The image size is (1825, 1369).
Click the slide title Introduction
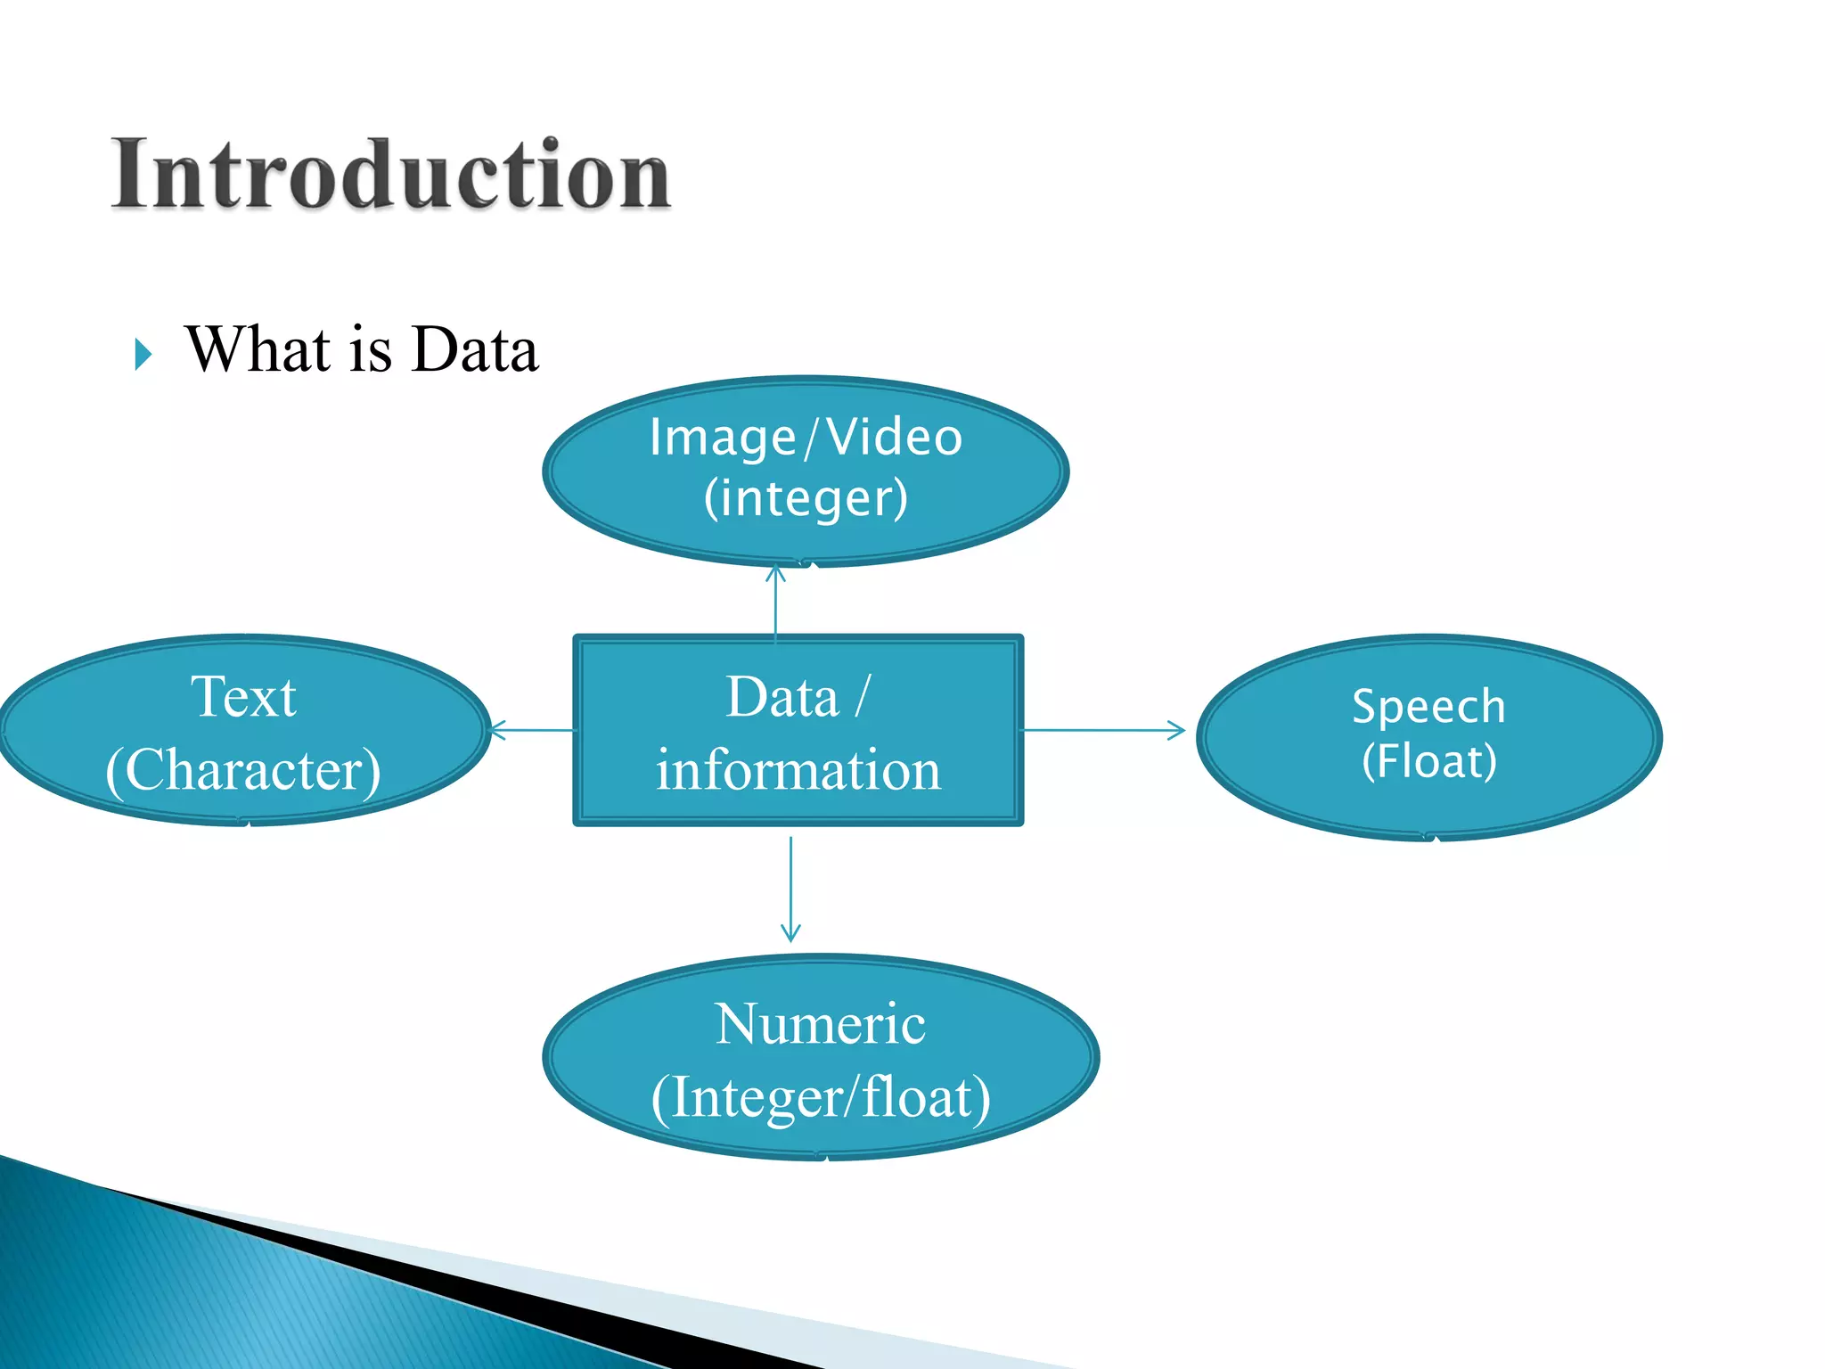(x=390, y=175)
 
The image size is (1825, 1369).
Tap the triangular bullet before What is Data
(x=143, y=354)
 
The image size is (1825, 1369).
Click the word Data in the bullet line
(x=476, y=349)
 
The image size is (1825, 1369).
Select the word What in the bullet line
(x=258, y=349)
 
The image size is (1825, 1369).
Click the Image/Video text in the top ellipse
(x=806, y=438)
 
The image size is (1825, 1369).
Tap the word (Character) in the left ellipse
(x=243, y=770)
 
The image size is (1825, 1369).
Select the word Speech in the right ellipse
(x=1428, y=707)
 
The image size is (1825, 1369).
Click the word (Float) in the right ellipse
(x=1428, y=761)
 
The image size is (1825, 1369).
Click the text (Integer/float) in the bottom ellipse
(x=820, y=1097)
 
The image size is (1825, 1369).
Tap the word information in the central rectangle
(x=798, y=770)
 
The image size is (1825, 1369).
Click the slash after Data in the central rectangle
(x=861, y=696)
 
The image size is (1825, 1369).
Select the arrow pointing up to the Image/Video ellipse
(x=776, y=602)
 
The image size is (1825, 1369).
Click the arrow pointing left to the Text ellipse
(x=533, y=731)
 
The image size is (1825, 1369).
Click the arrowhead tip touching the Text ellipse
(x=494, y=731)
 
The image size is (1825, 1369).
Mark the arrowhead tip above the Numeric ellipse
(x=790, y=940)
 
